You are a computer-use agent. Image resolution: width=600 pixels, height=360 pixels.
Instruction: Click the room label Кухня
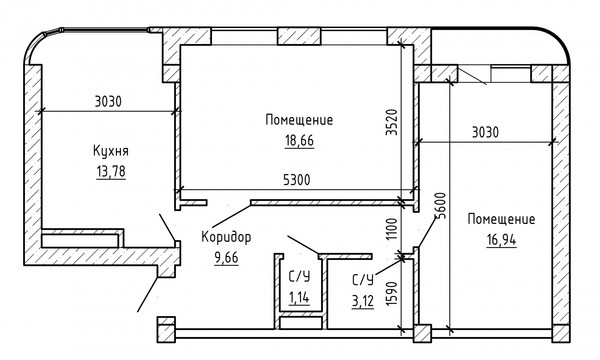click(x=111, y=151)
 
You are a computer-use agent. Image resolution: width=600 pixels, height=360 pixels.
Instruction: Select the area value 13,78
click(x=111, y=171)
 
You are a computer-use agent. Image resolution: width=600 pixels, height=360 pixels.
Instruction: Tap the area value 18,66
click(x=299, y=141)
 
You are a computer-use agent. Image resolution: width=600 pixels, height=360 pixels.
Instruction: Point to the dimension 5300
click(x=297, y=180)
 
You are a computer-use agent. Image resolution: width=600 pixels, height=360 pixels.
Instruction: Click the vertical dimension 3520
click(x=392, y=122)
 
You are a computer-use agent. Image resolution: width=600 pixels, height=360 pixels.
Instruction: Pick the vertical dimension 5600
click(x=442, y=205)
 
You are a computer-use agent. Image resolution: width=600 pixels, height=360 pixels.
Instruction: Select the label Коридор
click(x=226, y=237)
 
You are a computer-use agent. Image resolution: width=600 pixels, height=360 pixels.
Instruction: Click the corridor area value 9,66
click(x=227, y=258)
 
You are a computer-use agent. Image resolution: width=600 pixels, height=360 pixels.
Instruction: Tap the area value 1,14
click(x=299, y=297)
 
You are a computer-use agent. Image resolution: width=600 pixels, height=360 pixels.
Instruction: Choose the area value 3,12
click(x=362, y=301)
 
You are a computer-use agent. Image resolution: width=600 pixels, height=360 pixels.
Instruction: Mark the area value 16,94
click(x=501, y=240)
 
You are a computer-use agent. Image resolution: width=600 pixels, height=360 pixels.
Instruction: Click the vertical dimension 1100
click(x=392, y=229)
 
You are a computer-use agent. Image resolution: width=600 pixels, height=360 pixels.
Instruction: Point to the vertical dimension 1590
click(x=392, y=294)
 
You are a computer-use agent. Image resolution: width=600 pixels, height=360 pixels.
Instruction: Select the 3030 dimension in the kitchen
click(x=108, y=102)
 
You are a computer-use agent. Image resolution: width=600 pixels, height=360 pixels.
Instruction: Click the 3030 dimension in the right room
click(x=485, y=132)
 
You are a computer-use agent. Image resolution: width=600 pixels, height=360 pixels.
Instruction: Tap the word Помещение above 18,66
click(x=299, y=120)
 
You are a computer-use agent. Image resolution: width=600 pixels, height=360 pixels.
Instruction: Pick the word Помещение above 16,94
click(x=501, y=219)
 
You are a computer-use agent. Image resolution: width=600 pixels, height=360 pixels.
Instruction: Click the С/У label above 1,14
click(x=299, y=277)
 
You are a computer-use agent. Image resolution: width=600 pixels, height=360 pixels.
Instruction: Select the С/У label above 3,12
click(x=362, y=281)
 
